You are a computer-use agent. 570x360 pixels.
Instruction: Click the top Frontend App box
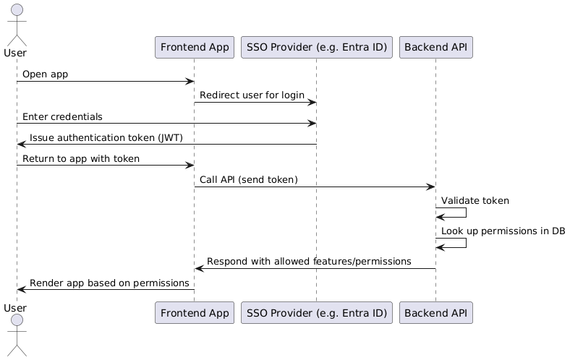(195, 47)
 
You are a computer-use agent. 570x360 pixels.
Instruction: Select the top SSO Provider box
(317, 47)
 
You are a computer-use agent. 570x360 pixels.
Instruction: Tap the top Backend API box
(436, 47)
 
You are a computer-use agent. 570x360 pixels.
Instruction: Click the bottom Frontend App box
(195, 313)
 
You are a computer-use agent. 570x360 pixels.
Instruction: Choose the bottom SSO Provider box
(317, 313)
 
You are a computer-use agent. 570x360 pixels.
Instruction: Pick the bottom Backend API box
(436, 313)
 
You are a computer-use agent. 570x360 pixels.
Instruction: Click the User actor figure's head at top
(17, 10)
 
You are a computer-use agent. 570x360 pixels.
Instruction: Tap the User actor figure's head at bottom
(17, 320)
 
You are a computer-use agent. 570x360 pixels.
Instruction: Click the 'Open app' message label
(45, 74)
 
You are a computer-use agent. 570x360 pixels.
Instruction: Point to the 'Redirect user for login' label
(252, 95)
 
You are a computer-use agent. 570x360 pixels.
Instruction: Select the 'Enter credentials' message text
(62, 116)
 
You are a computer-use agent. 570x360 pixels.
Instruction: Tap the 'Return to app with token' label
(81, 159)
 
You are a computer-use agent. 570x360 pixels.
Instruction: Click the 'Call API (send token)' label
(249, 180)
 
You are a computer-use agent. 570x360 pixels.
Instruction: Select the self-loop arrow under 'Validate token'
(466, 213)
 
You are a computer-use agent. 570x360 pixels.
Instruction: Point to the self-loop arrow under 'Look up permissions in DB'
(466, 243)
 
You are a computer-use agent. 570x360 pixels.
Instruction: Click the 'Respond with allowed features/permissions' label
(309, 262)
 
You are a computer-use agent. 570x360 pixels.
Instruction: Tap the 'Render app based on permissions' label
(109, 283)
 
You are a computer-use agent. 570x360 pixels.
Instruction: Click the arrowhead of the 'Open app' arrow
(190, 82)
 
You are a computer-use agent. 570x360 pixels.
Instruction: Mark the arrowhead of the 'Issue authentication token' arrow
(22, 145)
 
